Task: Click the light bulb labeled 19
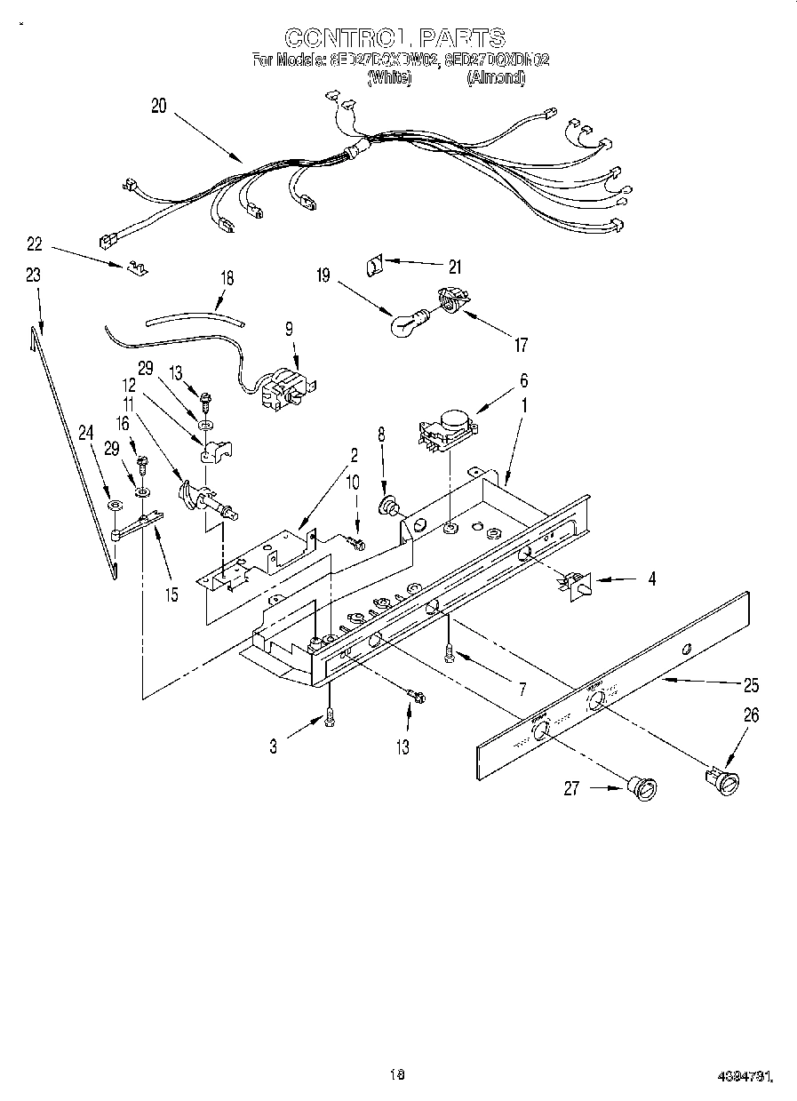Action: click(x=407, y=323)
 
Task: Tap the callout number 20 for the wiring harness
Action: click(x=159, y=106)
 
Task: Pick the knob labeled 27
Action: click(x=642, y=787)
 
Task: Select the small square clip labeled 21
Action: click(x=375, y=263)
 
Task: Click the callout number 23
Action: click(x=33, y=275)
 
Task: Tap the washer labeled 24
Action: click(x=113, y=506)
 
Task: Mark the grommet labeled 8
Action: click(x=389, y=506)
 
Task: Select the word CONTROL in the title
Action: click(x=347, y=38)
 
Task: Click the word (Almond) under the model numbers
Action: click(x=496, y=78)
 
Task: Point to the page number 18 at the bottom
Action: click(x=397, y=1074)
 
